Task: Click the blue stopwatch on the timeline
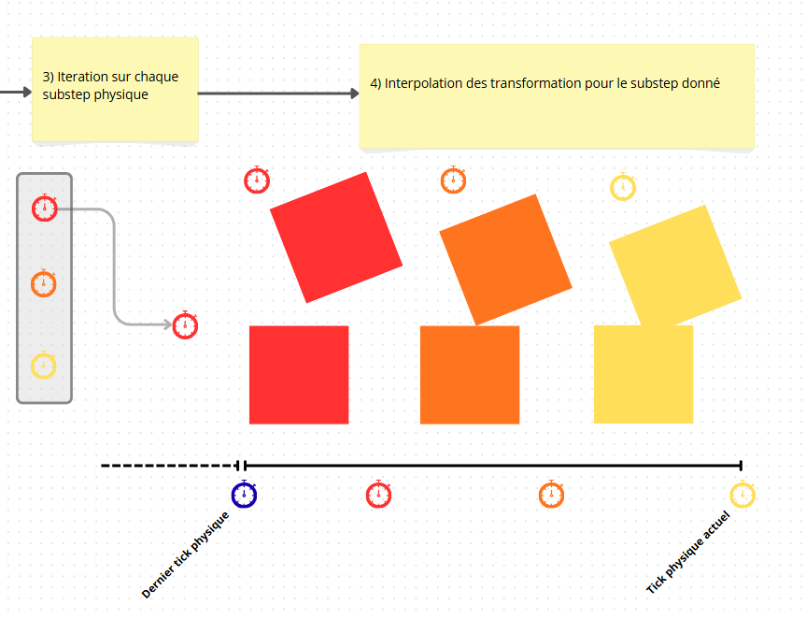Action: (244, 495)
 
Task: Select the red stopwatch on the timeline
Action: (378, 495)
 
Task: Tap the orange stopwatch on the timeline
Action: (551, 495)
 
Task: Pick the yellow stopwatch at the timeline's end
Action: (742, 495)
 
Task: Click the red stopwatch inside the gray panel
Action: (45, 208)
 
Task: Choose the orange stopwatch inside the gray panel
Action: (45, 282)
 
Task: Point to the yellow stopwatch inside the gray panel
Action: (45, 365)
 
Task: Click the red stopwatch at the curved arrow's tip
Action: (186, 325)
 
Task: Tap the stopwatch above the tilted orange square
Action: (453, 180)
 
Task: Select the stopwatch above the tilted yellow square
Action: (623, 187)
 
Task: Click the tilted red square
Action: (336, 238)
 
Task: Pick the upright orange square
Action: (470, 375)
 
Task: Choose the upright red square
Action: (299, 375)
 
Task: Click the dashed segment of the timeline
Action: (168, 466)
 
